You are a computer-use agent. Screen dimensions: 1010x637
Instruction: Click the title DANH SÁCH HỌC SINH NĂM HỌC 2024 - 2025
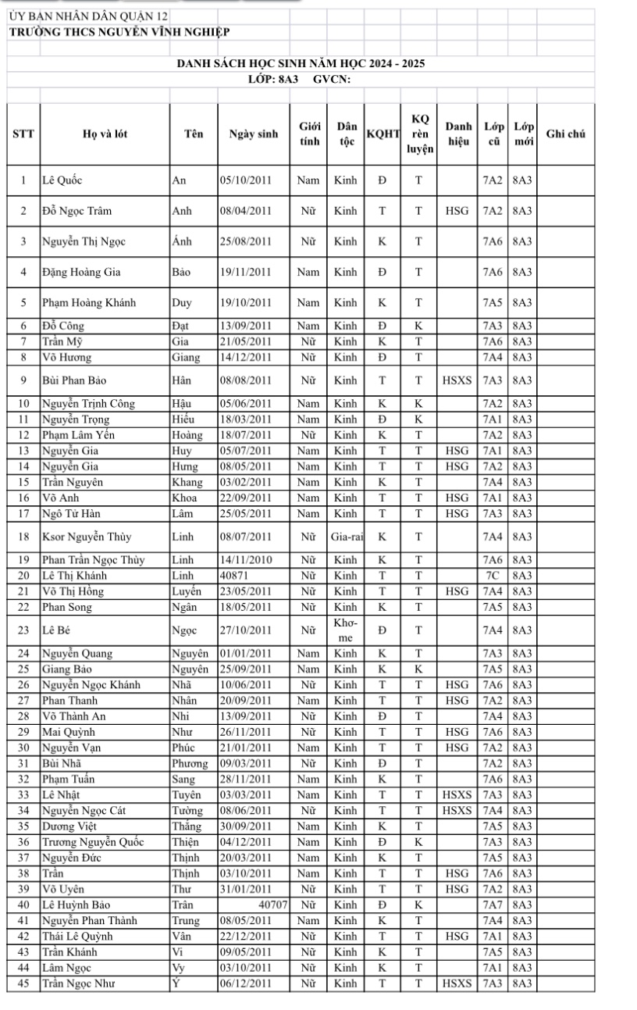pos(301,63)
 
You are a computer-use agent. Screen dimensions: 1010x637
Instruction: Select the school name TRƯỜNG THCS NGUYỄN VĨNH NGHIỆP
pos(118,31)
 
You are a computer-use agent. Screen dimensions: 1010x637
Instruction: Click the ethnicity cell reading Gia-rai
pos(344,537)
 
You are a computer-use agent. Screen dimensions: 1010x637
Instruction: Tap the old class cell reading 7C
pos(492,576)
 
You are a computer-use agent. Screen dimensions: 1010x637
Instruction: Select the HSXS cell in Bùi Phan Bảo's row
pos(456,380)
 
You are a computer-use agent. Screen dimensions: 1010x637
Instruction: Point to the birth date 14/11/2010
pos(245,560)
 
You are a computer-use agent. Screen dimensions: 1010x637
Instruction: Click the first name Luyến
pos(186,591)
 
